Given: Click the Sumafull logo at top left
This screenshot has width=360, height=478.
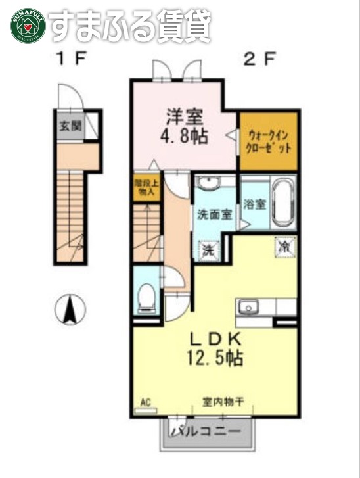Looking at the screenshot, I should (27, 25).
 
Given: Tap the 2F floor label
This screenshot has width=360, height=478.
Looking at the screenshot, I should (259, 60).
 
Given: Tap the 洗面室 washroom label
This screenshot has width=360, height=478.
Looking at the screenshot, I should (214, 215).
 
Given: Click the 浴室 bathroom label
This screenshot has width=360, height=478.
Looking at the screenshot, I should (254, 204).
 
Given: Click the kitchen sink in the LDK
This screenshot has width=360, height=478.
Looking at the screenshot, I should (249, 306).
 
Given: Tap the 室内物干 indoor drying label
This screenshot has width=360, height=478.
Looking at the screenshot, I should (223, 402).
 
